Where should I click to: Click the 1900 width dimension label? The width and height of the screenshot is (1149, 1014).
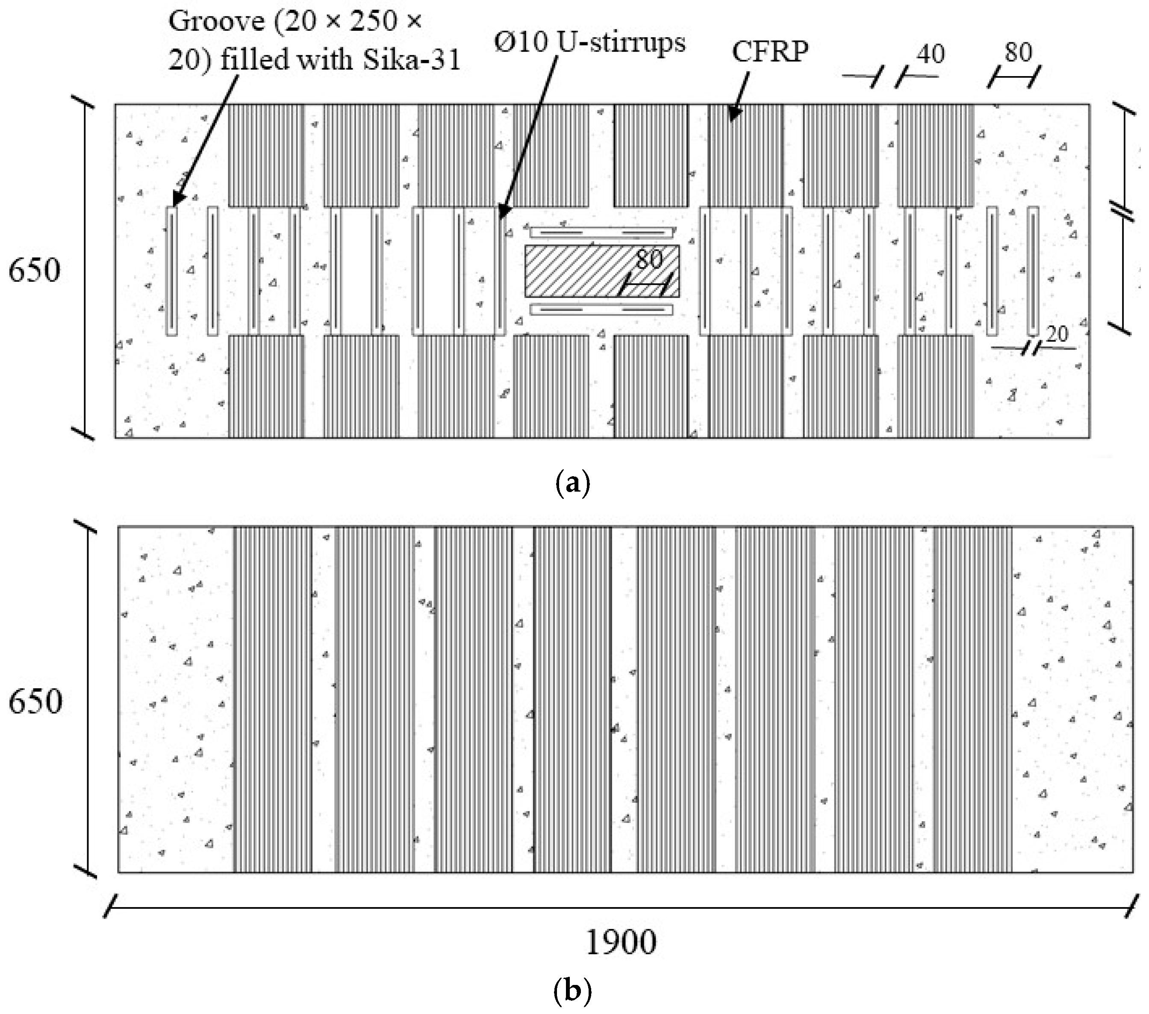tap(621, 942)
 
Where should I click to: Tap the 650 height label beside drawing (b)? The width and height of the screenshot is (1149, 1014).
tap(35, 702)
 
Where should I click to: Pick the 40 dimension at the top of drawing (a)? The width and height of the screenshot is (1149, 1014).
tap(930, 54)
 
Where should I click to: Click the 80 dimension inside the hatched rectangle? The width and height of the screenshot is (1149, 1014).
tap(649, 259)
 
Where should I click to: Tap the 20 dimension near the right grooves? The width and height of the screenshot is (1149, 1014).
tap(1057, 334)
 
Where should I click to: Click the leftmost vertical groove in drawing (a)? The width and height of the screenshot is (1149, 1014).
tap(171, 271)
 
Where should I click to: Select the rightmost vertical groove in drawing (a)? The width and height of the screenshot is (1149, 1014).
tap(1033, 271)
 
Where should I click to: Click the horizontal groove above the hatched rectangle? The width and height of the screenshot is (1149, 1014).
tap(602, 232)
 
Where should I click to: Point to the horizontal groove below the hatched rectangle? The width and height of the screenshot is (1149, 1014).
tap(601, 309)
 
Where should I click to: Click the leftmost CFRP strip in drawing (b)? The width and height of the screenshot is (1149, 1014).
tap(273, 699)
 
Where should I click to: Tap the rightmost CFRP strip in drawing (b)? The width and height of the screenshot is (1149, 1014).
tap(972, 699)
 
